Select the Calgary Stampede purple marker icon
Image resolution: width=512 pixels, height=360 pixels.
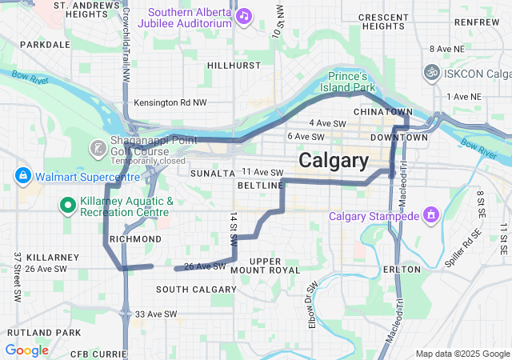431,214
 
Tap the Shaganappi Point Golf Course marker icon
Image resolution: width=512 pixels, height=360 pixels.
98,148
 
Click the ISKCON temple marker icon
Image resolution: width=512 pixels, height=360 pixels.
431,74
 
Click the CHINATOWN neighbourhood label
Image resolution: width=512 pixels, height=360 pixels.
382,112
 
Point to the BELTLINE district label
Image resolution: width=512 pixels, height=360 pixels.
260,186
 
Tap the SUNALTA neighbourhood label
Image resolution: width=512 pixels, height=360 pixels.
212,173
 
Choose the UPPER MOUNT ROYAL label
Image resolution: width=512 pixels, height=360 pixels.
254,266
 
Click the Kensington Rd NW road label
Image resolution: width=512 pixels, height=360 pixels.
170,102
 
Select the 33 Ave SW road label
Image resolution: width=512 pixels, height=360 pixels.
156,314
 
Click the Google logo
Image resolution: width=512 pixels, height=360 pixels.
26,350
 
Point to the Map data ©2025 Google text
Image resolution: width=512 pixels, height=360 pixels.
462,354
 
